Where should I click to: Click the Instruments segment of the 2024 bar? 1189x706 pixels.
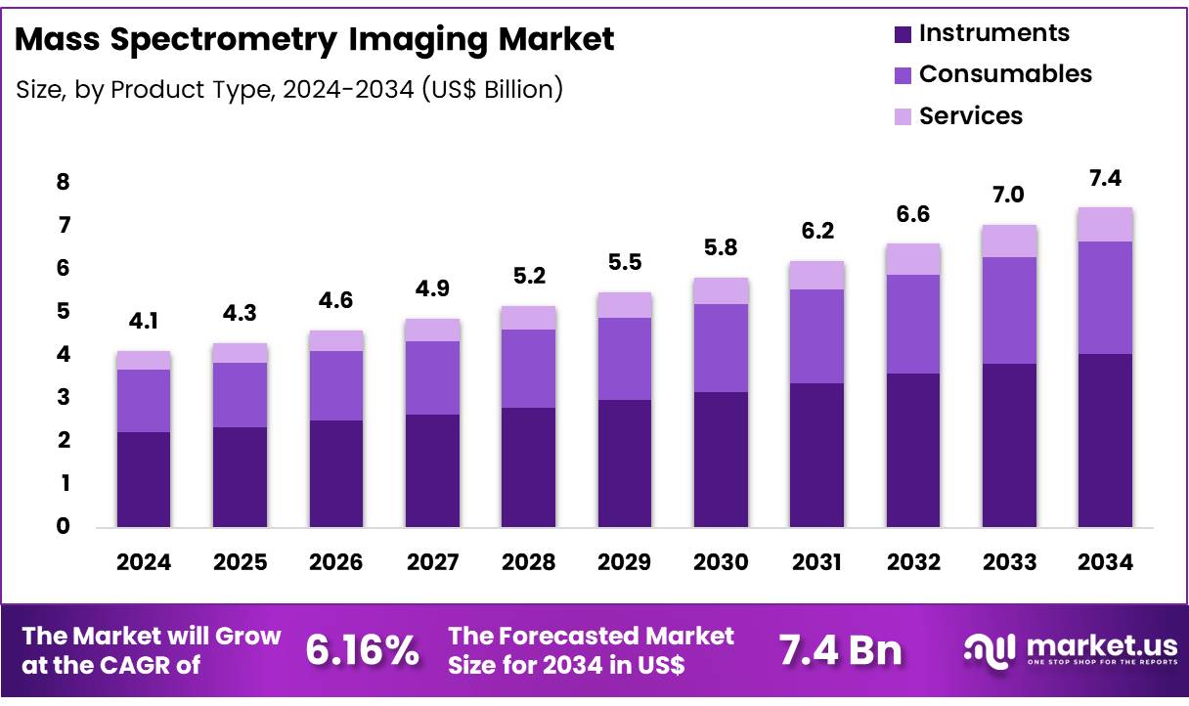click(x=143, y=479)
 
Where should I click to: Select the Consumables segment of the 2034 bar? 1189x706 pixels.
click(x=1105, y=297)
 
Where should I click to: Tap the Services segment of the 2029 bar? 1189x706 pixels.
click(x=624, y=305)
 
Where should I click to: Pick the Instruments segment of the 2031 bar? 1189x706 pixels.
click(x=816, y=455)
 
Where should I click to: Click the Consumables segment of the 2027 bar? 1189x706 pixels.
click(x=431, y=377)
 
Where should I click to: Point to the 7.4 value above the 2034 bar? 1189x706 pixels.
click(x=1105, y=179)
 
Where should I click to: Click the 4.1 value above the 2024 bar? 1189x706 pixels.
click(x=143, y=322)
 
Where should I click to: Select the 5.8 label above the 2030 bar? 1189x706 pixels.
click(x=721, y=248)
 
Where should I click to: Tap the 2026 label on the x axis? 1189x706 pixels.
click(x=335, y=562)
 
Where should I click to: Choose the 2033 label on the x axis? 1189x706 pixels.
click(x=1009, y=562)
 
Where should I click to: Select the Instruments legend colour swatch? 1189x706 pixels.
click(x=903, y=34)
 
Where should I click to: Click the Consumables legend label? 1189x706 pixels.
click(x=1005, y=74)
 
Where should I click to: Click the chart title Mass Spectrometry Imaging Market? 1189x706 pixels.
click(x=315, y=40)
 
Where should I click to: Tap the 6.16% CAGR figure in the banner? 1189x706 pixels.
click(x=363, y=650)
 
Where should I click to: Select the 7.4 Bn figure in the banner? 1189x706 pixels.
click(x=840, y=650)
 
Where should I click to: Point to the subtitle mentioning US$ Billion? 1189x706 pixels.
click(x=289, y=90)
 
